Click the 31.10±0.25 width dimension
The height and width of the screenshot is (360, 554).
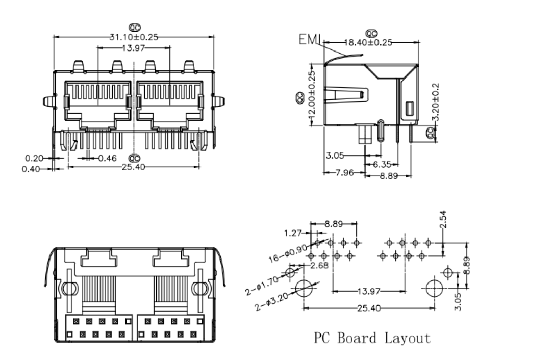tap(133, 37)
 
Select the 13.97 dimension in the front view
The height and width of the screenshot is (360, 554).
tap(133, 48)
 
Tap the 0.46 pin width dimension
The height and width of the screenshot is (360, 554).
tap(108, 158)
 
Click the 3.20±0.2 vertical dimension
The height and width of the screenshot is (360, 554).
tap(436, 102)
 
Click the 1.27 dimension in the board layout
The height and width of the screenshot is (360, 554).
tap(292, 234)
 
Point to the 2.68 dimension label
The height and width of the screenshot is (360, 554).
tap(320, 265)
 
